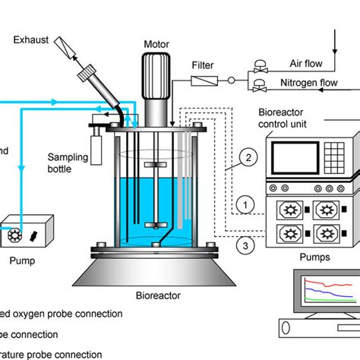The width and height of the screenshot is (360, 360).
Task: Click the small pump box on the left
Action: (x=28, y=230)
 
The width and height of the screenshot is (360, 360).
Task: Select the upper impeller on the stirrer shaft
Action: (x=155, y=164)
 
